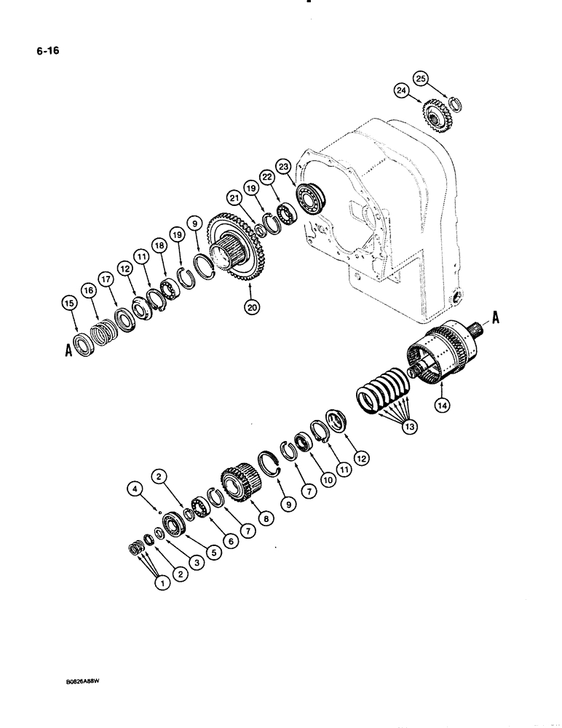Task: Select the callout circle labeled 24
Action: tap(400, 91)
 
